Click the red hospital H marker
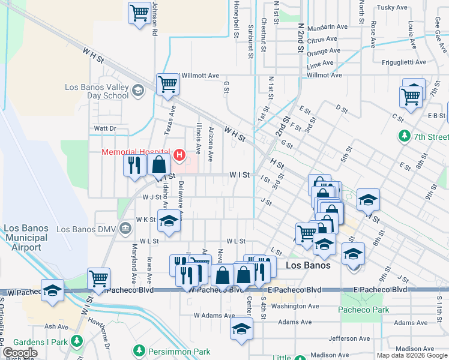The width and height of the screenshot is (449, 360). click(x=179, y=155)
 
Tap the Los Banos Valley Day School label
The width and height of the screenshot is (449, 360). click(x=97, y=91)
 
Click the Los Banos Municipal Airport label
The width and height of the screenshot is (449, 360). click(x=25, y=238)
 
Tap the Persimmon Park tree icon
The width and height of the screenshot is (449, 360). click(x=139, y=350)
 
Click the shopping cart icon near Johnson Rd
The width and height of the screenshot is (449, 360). click(x=139, y=13)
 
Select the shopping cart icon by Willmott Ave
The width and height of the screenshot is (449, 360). click(x=167, y=85)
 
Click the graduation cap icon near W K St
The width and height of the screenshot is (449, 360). click(x=169, y=220)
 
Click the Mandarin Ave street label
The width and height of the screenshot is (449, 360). click(x=327, y=27)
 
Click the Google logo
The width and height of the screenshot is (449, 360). click(x=20, y=353)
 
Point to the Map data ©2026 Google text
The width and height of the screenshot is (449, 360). click(x=412, y=355)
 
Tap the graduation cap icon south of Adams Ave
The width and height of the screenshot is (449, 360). click(x=241, y=329)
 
